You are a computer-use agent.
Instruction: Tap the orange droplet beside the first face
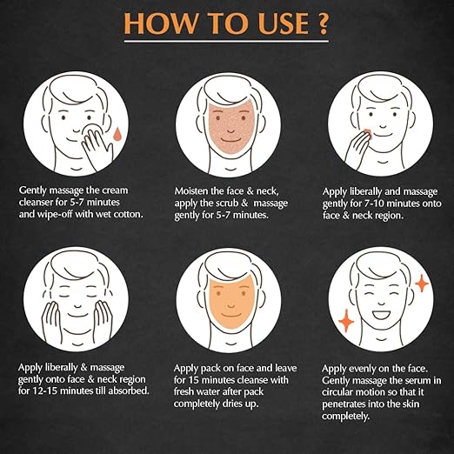(117, 134)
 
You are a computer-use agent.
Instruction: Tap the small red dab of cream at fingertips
(367, 134)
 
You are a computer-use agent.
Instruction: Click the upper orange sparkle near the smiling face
(422, 283)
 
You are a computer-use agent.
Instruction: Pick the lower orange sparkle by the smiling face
(346, 321)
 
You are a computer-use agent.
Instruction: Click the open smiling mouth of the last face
(382, 315)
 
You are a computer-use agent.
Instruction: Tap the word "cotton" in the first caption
(129, 214)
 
